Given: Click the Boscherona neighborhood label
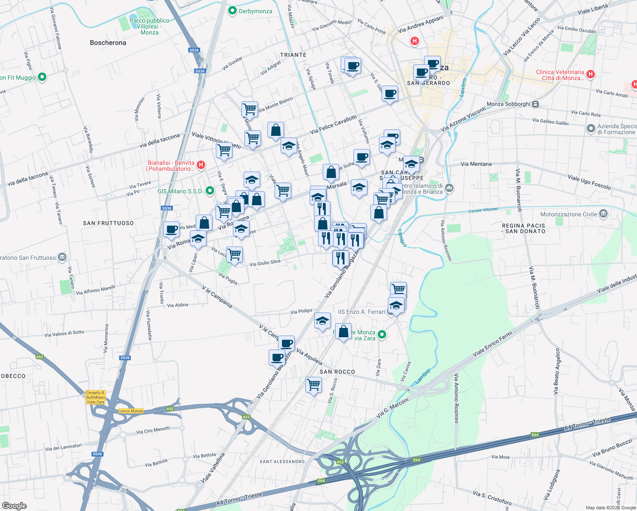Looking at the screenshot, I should (x=108, y=43).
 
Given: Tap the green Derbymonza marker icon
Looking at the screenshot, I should (x=232, y=11).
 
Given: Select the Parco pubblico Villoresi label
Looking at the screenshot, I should (x=149, y=26).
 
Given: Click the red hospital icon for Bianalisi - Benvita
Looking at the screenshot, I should (x=201, y=165).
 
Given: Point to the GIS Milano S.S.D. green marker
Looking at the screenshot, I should (x=209, y=191).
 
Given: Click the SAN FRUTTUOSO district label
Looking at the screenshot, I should (x=108, y=223).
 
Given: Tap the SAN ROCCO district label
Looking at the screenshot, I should (x=337, y=372).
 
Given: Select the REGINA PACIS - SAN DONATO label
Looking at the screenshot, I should (x=523, y=229).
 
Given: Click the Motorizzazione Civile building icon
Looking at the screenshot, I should (x=603, y=214).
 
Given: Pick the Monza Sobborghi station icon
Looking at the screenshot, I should (x=536, y=104).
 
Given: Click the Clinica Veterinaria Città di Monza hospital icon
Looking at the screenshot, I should (x=590, y=74).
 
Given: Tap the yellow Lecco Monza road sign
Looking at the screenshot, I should (x=131, y=411).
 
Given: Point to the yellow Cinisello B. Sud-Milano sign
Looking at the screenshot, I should (x=95, y=397).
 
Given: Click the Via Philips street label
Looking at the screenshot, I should (x=301, y=311).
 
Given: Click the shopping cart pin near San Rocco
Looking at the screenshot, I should (x=314, y=385).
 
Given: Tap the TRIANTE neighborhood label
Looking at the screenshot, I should (x=293, y=55).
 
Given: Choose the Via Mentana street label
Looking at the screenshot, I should (x=476, y=164).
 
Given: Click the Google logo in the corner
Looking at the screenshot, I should (x=14, y=505).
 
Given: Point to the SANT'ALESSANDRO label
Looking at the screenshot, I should (x=282, y=462).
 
